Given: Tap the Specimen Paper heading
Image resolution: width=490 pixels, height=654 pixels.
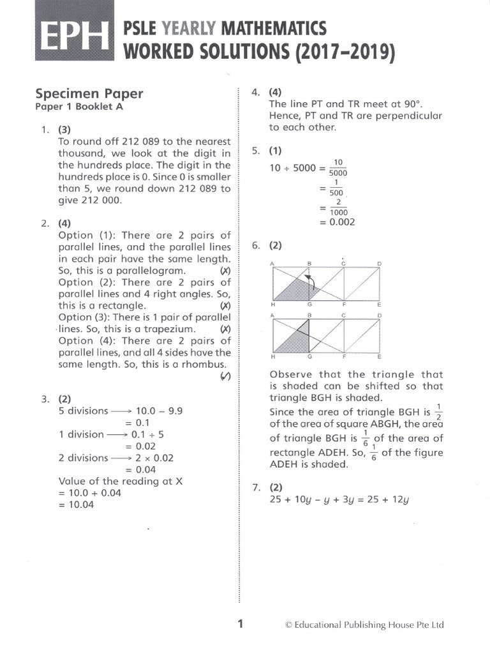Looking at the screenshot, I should pyautogui.click(x=89, y=93).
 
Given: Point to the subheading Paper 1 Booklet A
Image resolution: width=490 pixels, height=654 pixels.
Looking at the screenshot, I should pyautogui.click(x=78, y=107).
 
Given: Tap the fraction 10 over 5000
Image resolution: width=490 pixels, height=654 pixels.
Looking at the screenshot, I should pyautogui.click(x=338, y=168).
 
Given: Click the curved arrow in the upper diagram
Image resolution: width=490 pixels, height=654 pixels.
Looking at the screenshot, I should pyautogui.click(x=311, y=282).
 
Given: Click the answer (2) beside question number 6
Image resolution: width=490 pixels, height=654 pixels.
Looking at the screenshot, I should pyautogui.click(x=275, y=245).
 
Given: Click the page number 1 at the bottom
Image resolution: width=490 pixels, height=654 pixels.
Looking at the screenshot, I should pyautogui.click(x=241, y=625).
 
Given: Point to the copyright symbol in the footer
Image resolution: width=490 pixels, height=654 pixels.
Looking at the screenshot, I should pyautogui.click(x=288, y=625).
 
